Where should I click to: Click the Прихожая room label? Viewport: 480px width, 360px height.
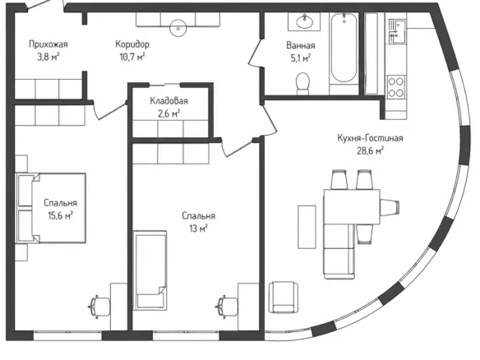click(x=48, y=44)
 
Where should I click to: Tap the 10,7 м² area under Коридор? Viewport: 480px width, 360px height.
click(x=132, y=58)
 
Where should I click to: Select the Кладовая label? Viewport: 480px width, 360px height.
click(x=168, y=101)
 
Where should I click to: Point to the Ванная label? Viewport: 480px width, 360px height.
click(x=301, y=45)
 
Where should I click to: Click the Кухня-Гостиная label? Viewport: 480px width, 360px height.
click(x=370, y=138)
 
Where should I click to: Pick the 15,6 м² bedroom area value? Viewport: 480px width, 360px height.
click(x=60, y=215)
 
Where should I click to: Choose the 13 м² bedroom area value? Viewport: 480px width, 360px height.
click(x=198, y=228)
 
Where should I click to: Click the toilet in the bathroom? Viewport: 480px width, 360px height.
click(x=302, y=84)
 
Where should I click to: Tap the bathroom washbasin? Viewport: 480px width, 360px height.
click(x=305, y=21)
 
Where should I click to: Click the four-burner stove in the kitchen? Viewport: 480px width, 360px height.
click(x=396, y=87)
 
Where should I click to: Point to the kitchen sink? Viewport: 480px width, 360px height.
click(x=397, y=31)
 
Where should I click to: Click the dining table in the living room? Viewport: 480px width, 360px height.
click(x=352, y=207)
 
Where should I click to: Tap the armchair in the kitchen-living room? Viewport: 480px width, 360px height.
click(x=284, y=298)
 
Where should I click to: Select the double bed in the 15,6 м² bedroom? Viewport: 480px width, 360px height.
click(x=51, y=208)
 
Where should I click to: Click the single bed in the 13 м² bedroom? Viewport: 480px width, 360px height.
click(x=150, y=270)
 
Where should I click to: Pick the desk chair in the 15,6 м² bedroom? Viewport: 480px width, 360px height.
click(x=99, y=307)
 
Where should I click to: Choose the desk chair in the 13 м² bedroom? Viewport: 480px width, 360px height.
click(x=227, y=307)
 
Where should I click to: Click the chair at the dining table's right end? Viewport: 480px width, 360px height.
click(x=390, y=207)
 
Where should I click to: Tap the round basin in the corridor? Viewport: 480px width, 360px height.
click(x=178, y=28)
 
